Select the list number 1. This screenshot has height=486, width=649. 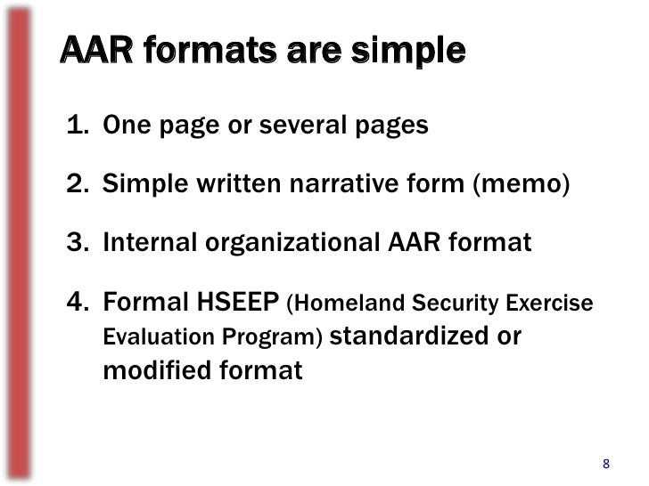pyautogui.click(x=78, y=126)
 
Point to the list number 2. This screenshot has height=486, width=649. pyautogui.click(x=78, y=185)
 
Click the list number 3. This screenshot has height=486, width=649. pyautogui.click(x=78, y=243)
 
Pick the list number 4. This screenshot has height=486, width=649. pyautogui.click(x=78, y=304)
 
